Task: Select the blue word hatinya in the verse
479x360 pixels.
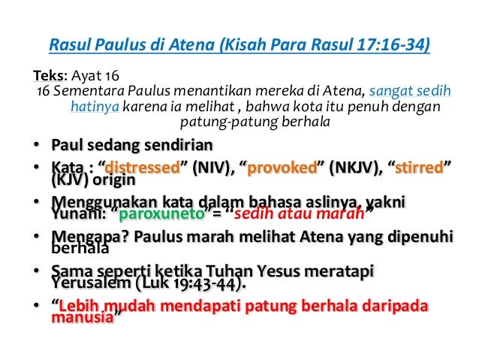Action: [x=95, y=106]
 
